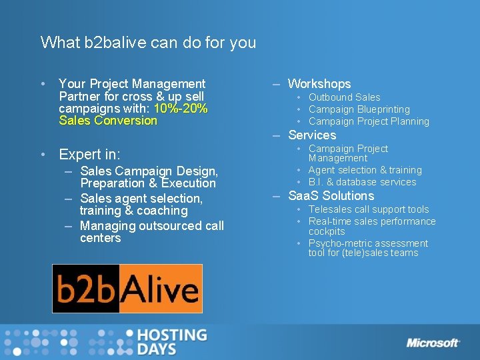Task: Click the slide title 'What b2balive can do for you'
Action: pyautogui.click(x=148, y=43)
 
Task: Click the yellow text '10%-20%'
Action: pyautogui.click(x=181, y=109)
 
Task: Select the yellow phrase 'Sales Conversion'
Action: pyautogui.click(x=108, y=121)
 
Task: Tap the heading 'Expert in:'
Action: pyautogui.click(x=89, y=155)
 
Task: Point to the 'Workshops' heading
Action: pyautogui.click(x=319, y=84)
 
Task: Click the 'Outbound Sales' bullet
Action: pyautogui.click(x=344, y=97)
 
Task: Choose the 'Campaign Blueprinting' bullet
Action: pyautogui.click(x=359, y=109)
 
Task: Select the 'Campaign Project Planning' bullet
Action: pyautogui.click(x=369, y=121)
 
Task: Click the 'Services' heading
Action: pyautogui.click(x=312, y=135)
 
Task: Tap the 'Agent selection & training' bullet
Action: pyautogui.click(x=365, y=170)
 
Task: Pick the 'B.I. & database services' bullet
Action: pyautogui.click(x=362, y=182)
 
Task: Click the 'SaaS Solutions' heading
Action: pyautogui.click(x=331, y=196)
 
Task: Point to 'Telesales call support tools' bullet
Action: pyautogui.click(x=369, y=209)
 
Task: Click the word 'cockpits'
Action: pyautogui.click(x=327, y=231)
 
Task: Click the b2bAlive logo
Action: pyautogui.click(x=127, y=289)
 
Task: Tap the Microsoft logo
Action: pyautogui.click(x=433, y=343)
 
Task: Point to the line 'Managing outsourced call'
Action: pyautogui.click(x=152, y=226)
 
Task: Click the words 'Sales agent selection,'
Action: pyautogui.click(x=141, y=199)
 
